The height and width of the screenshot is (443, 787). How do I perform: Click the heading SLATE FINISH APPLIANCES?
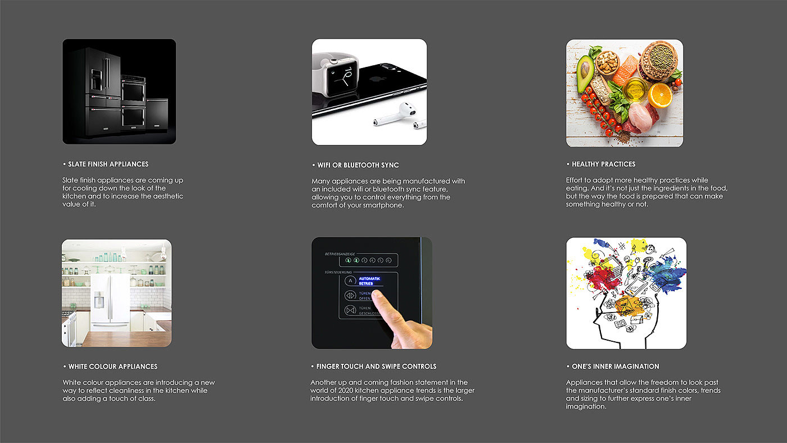(108, 164)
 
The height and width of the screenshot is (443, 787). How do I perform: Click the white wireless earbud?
(395, 114)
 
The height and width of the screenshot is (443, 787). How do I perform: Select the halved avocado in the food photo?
(585, 73)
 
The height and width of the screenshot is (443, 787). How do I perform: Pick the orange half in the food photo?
(660, 95)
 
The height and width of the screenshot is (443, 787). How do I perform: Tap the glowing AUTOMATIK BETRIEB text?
(369, 281)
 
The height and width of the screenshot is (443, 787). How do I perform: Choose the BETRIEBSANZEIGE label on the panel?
(340, 254)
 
